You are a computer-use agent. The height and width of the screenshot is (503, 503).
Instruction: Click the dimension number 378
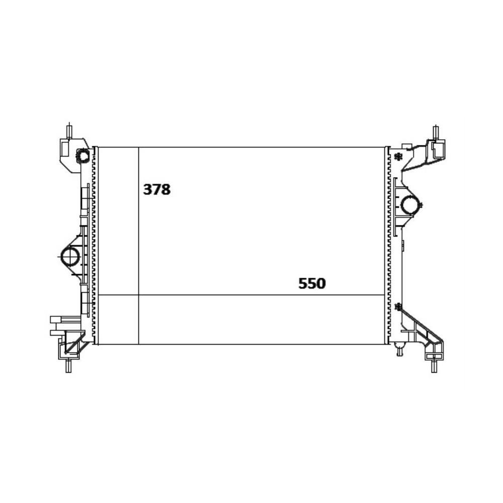(156, 190)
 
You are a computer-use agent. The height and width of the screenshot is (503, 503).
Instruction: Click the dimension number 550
(312, 283)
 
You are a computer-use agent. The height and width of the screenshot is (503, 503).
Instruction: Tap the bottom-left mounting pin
(68, 366)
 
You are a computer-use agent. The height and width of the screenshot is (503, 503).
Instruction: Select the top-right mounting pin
(436, 133)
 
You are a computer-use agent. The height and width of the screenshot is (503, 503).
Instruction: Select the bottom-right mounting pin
(435, 366)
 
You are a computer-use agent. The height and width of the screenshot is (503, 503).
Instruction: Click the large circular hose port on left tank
(70, 257)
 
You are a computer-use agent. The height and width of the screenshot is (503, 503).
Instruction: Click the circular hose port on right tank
(410, 204)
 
